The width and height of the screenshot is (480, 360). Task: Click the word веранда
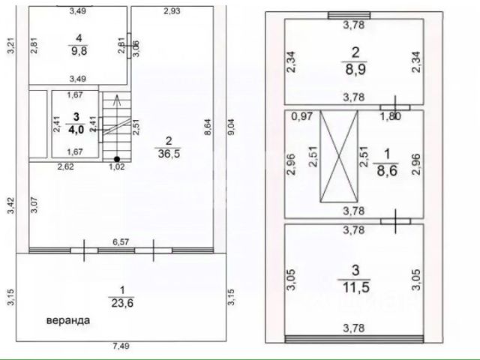[x=68, y=320]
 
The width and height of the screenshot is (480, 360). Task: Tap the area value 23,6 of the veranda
[x=122, y=303]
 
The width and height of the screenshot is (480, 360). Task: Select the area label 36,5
[x=169, y=154]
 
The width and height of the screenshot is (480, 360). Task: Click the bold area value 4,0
[x=76, y=129]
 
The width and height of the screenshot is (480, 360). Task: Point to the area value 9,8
[x=79, y=51]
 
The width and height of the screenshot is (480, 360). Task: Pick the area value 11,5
[x=355, y=287]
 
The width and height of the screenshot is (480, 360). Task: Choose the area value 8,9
[x=355, y=70]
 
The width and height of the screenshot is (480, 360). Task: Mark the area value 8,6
[x=387, y=170]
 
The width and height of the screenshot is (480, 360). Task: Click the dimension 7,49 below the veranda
[x=121, y=346]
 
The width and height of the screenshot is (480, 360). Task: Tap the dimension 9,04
[x=231, y=127]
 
